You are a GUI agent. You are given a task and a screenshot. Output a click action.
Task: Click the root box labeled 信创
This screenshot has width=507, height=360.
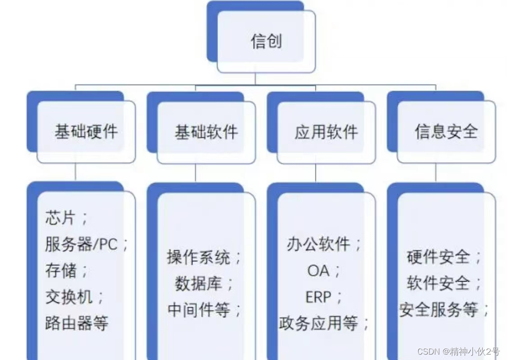266,41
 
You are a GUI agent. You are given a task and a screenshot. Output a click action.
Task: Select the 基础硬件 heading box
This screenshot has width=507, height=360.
86,132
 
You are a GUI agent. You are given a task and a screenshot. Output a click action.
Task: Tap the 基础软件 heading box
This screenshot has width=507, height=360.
206,132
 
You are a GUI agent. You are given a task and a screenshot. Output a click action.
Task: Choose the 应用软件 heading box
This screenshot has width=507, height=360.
326,132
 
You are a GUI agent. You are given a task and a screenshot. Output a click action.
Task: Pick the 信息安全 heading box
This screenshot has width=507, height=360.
446,132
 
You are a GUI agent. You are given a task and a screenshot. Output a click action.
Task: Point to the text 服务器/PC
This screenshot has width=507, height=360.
81,244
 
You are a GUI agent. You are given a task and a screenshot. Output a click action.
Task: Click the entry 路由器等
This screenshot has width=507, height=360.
77,323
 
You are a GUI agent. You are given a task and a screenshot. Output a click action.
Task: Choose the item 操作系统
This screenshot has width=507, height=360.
199,257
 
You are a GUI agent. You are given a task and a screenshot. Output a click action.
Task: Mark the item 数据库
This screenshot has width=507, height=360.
199,283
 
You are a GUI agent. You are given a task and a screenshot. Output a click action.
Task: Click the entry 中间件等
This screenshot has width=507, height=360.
199,310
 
